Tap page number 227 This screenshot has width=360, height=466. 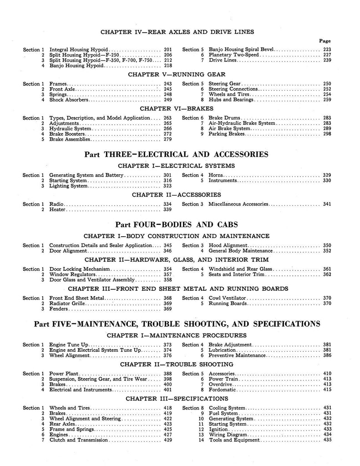327,55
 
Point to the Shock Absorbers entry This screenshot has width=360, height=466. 67,100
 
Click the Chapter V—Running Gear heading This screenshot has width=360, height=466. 177,74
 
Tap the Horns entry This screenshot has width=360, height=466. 216,175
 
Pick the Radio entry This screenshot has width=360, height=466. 56,204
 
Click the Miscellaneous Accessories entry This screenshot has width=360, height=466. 238,204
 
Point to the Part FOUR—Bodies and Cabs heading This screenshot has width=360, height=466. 176,224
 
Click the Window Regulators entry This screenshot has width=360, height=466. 70,274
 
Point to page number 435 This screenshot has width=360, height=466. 327,440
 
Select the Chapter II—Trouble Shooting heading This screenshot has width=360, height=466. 177,365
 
